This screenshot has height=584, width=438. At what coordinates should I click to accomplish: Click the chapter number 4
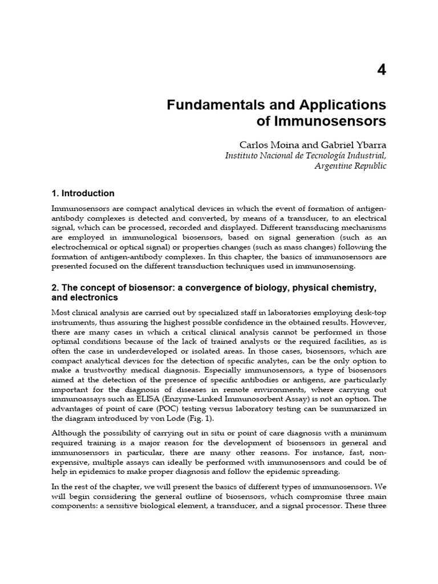pyautogui.click(x=382, y=70)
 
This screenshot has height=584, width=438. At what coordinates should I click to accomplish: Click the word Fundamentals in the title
pyautogui.click(x=209, y=105)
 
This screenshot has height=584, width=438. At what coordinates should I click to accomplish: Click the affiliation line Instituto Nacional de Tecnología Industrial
pyautogui.click(x=306, y=155)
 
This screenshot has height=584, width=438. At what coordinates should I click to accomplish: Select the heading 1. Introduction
pyautogui.click(x=83, y=193)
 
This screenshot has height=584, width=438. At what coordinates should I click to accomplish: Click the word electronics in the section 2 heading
pyautogui.click(x=94, y=298)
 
